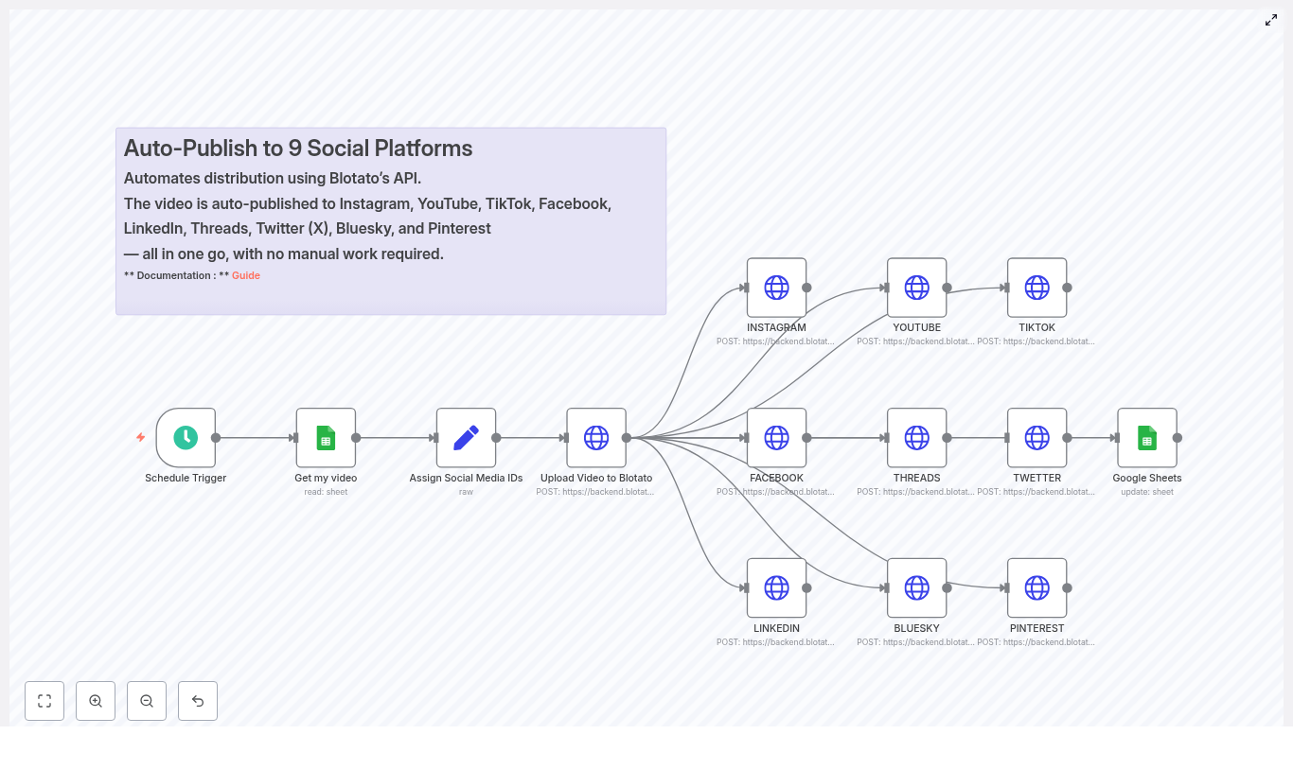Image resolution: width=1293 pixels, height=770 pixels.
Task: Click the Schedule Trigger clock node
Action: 186,438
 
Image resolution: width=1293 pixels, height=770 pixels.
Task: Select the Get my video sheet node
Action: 326,438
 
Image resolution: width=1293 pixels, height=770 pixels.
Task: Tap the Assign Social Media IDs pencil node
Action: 466,438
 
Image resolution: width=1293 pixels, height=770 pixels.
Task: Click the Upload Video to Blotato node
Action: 596,438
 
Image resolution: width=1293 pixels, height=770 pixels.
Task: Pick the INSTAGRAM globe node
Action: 776,288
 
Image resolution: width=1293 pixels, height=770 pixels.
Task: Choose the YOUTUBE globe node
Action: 916,288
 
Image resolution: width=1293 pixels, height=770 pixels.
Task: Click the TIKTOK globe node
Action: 1036,288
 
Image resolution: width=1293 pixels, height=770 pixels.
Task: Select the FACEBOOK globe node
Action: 776,438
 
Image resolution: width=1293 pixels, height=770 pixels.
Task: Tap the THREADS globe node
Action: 916,438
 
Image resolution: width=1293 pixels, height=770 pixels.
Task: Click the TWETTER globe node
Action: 1036,438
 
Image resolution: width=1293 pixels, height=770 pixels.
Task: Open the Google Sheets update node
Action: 1146,438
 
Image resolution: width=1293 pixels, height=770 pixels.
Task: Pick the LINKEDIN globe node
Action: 776,587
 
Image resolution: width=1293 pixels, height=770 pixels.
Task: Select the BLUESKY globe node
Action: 916,587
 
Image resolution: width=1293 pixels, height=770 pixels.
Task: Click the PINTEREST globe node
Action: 1036,587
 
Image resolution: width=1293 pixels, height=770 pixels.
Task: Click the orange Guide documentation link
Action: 246,276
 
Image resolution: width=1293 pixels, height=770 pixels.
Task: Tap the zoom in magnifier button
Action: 96,701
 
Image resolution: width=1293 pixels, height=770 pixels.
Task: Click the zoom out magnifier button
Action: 147,701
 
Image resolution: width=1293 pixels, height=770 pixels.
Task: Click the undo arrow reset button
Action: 198,701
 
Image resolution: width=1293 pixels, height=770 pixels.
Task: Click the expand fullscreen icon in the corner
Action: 1271,20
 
